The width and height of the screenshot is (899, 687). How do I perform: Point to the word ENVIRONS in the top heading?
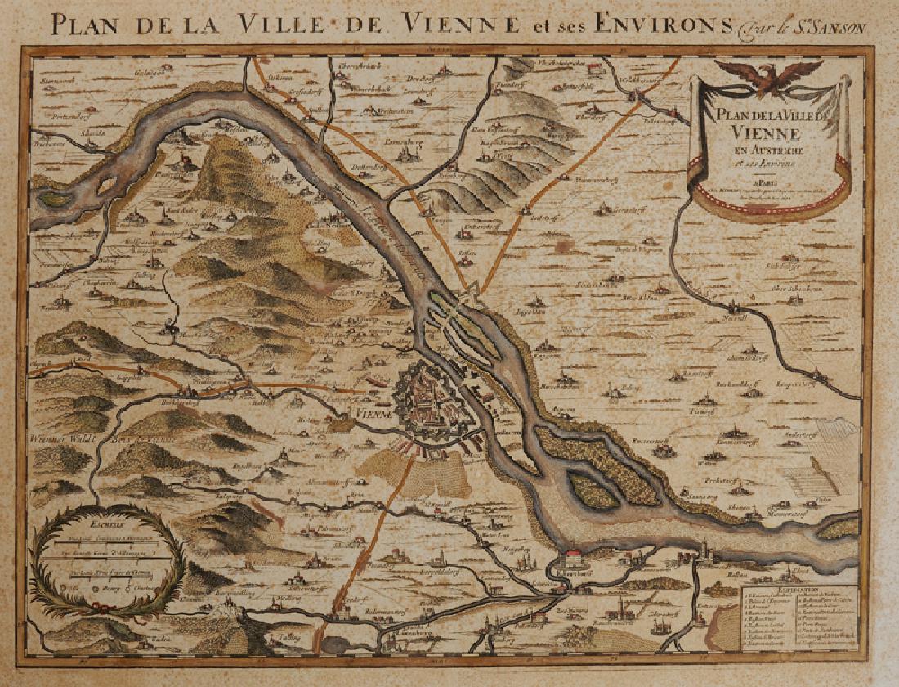[662, 24]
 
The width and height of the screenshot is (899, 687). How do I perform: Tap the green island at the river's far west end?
[56, 198]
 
